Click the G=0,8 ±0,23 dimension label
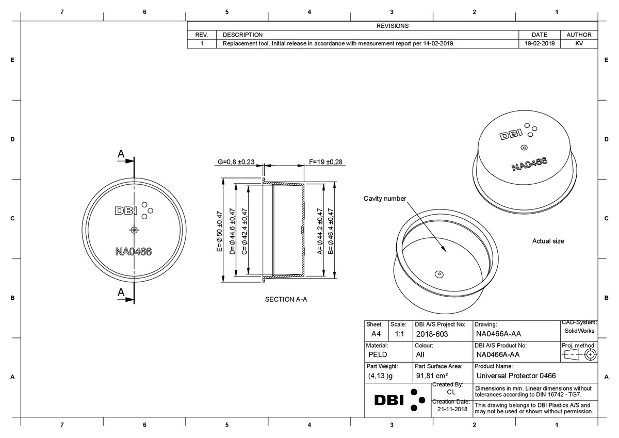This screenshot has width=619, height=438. click(x=236, y=162)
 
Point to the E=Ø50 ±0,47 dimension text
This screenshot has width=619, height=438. click(x=219, y=232)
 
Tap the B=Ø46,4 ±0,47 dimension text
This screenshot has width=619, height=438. click(x=331, y=232)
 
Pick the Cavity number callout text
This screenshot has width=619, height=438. click(x=385, y=199)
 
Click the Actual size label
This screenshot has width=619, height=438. click(x=548, y=241)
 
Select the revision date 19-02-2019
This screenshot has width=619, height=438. click(x=539, y=44)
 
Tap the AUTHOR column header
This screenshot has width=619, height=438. click(x=579, y=35)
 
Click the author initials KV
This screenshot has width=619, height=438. click(x=579, y=44)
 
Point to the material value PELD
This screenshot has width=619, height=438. click(x=378, y=355)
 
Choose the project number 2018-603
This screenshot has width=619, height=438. click(x=432, y=334)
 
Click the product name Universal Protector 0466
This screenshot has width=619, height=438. click(x=516, y=376)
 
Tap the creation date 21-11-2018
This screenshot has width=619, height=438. click(x=452, y=409)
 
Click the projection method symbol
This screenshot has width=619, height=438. click(x=579, y=355)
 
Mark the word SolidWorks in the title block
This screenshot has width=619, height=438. click(x=579, y=331)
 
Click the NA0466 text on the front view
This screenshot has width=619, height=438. click(x=134, y=252)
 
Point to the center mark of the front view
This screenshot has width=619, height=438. click(x=134, y=230)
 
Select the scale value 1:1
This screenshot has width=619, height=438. click(x=399, y=334)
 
